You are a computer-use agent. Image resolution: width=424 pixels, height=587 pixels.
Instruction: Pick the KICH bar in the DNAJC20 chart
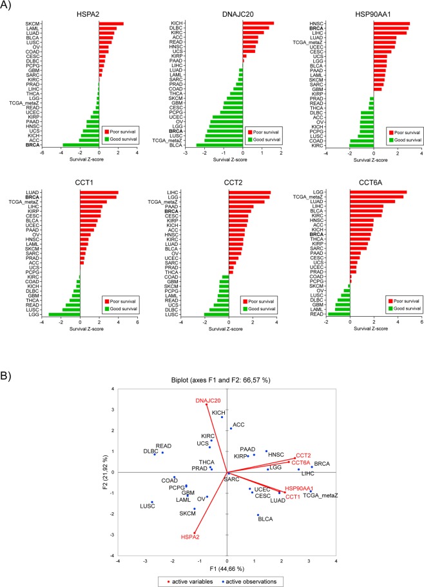[258, 24]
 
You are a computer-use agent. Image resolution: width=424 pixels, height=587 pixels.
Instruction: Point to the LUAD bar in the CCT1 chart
[99, 193]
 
